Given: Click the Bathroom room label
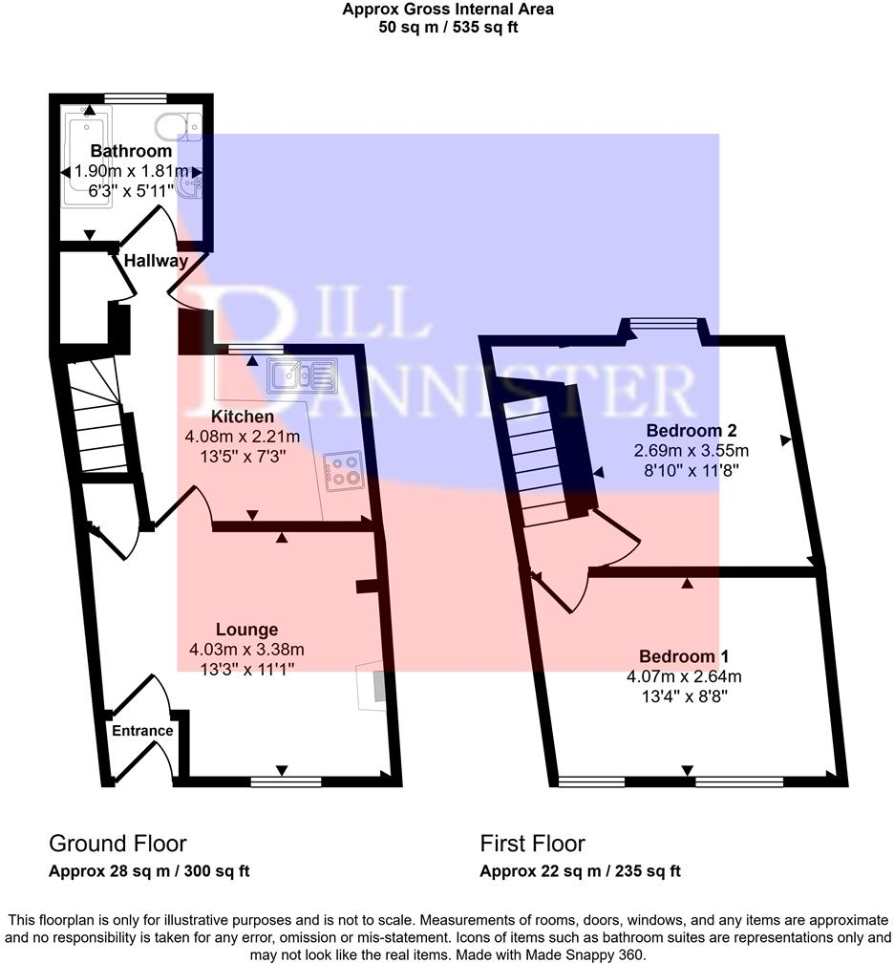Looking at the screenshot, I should [x=131, y=151].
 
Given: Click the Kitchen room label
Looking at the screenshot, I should [x=243, y=417].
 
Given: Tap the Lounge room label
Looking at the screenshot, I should [x=246, y=630].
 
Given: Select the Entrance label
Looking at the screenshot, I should [x=143, y=731].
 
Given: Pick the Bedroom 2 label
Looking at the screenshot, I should [x=692, y=430].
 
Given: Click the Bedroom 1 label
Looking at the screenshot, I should [x=684, y=656].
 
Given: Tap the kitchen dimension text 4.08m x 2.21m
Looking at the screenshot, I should [x=243, y=436].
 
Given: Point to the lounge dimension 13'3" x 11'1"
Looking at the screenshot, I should [x=246, y=670].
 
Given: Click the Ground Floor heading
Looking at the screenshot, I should [x=117, y=844].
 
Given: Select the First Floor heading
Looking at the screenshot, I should [x=532, y=844].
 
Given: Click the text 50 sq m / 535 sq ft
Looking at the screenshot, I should [x=448, y=27].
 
